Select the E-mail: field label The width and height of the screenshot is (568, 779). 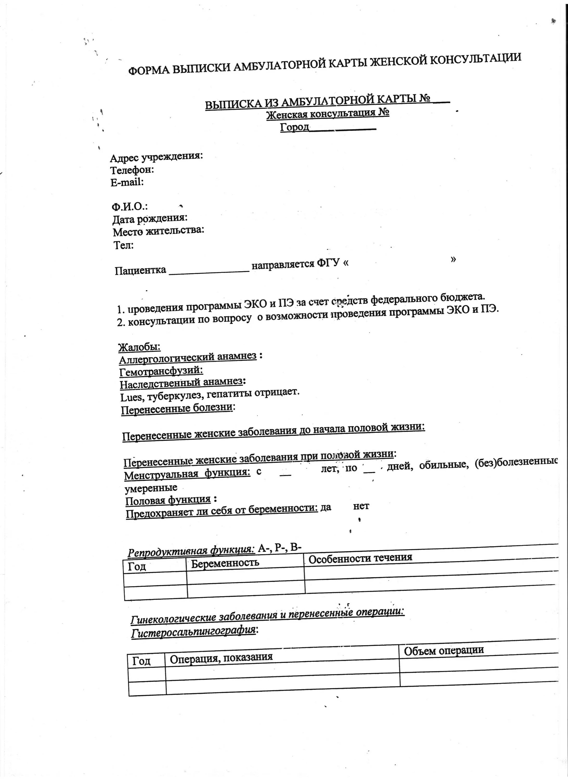point(127,182)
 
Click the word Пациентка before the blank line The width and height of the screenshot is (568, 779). point(141,270)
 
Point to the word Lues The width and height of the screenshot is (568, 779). point(131,397)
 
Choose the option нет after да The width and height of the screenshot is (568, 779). point(361,506)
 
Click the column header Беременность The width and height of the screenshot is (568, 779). point(225,563)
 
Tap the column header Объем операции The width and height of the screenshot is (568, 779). point(443,650)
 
